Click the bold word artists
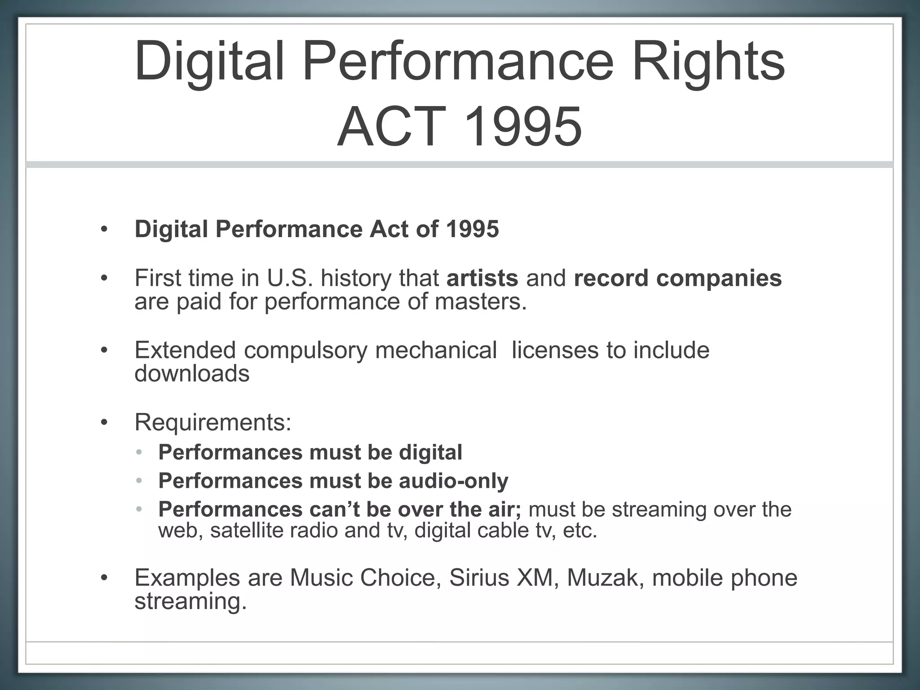(x=482, y=278)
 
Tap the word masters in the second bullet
(x=480, y=301)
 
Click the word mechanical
(x=436, y=350)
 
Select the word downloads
(x=192, y=373)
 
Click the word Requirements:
(x=213, y=422)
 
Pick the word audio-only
(x=454, y=481)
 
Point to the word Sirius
(x=479, y=578)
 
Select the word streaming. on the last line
(x=191, y=601)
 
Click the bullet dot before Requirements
(x=104, y=423)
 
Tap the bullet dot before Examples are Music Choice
(x=104, y=578)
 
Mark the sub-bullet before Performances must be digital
(x=139, y=452)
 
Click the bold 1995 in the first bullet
(x=473, y=229)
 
